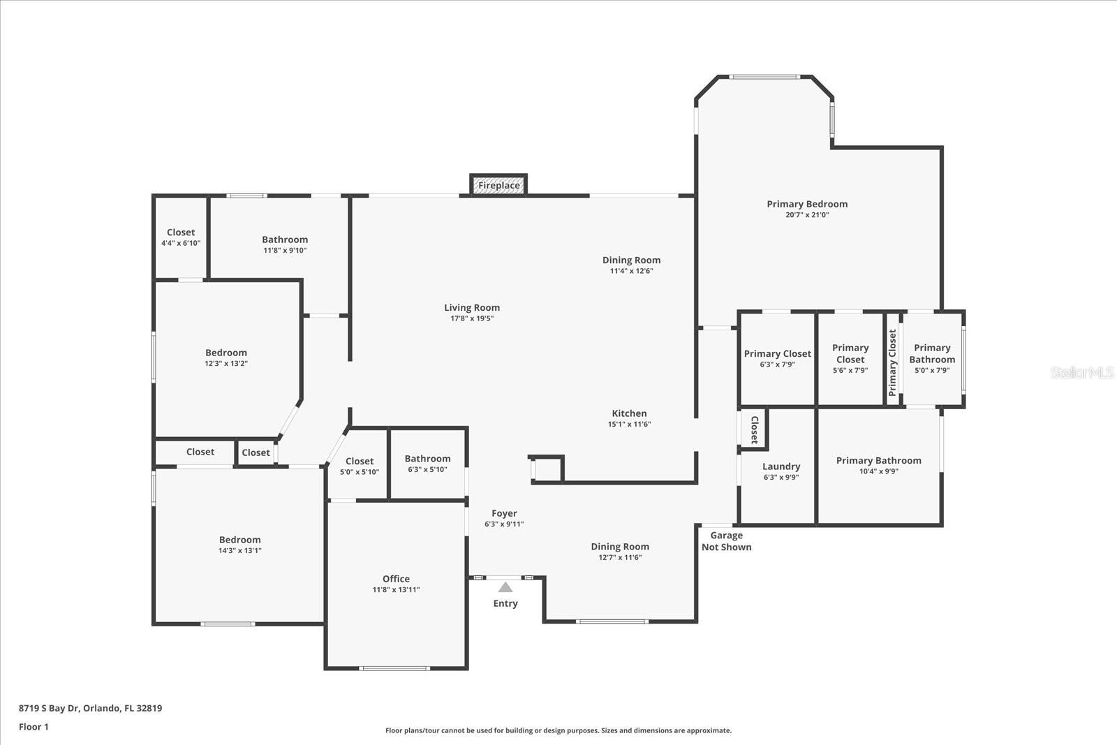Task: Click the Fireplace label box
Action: click(498, 185)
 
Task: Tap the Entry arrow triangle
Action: click(505, 588)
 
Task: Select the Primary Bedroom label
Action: click(807, 204)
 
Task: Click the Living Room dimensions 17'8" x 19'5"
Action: click(472, 318)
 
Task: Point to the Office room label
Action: click(396, 579)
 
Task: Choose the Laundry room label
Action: click(781, 466)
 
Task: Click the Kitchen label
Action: click(629, 413)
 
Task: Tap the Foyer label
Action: click(504, 513)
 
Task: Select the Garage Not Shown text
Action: click(726, 541)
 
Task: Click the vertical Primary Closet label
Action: click(892, 363)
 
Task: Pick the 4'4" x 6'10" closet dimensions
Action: click(181, 243)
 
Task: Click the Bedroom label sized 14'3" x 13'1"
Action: click(239, 540)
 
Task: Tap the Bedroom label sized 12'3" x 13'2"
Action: click(225, 353)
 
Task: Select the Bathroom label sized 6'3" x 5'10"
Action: click(427, 459)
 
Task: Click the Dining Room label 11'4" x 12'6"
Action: click(631, 260)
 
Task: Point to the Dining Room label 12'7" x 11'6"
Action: click(619, 547)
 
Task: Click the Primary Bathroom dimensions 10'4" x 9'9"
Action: click(878, 471)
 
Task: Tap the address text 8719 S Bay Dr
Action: click(90, 708)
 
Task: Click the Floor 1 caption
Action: click(34, 727)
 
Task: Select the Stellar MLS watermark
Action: click(1082, 372)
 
